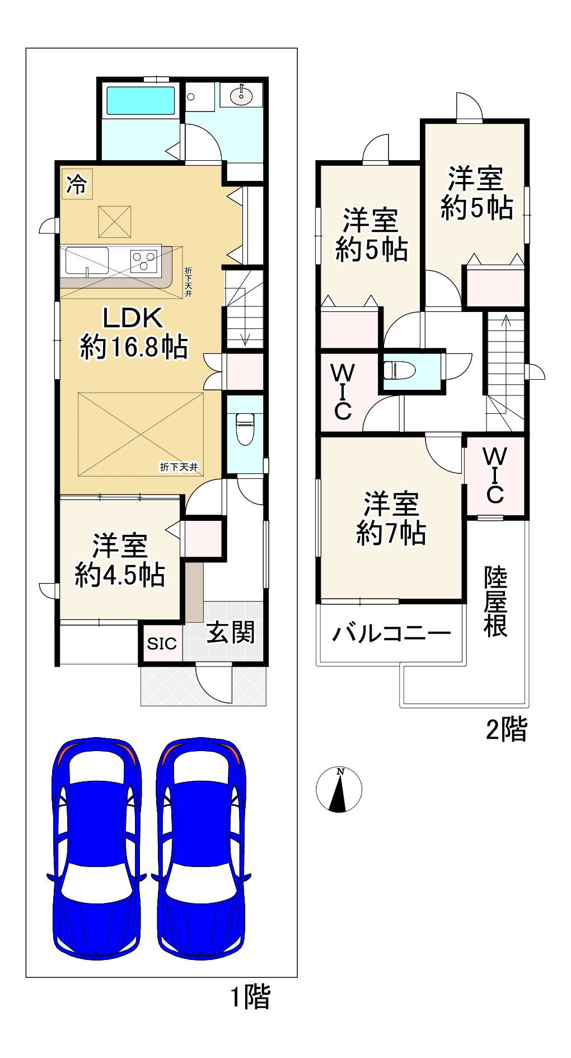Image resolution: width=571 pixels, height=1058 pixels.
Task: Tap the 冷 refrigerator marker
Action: (77, 184)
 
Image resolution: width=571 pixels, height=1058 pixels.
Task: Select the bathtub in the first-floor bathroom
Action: (140, 100)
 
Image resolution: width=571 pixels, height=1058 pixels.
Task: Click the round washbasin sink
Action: (241, 95)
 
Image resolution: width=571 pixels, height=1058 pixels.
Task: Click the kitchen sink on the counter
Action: (87, 260)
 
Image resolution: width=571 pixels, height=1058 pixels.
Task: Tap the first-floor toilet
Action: (245, 428)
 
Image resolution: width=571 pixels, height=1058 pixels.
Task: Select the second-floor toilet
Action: (399, 370)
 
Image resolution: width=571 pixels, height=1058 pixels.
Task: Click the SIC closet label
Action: (161, 644)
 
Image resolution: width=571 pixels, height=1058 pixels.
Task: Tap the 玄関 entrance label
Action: (231, 632)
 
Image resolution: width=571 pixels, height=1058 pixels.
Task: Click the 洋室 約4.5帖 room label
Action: (120, 560)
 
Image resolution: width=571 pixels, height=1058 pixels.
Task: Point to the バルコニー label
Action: (391, 633)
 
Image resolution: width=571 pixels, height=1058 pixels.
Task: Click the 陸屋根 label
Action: (496, 602)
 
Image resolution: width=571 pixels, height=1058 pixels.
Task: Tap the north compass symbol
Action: (339, 789)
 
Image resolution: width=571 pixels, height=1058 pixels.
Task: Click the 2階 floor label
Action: (506, 729)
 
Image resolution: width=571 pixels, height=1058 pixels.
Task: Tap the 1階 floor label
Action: (251, 997)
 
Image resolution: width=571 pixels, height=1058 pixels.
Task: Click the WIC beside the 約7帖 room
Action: (495, 476)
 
